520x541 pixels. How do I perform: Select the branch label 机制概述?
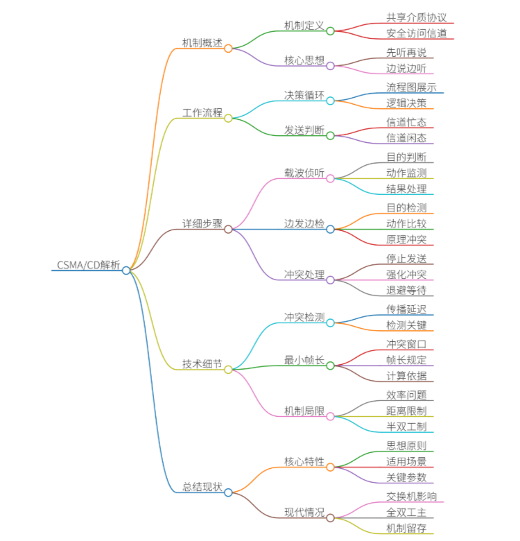202,43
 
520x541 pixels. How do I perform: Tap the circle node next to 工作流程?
228,118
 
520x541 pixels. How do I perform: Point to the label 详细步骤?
202,223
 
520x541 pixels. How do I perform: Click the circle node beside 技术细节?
228,369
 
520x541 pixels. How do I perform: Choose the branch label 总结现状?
202,487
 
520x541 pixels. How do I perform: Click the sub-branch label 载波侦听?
304,173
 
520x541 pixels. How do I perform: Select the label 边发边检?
304,223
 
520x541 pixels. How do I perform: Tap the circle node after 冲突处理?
330,280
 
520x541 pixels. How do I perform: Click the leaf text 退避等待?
406,290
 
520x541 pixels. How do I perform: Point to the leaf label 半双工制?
406,426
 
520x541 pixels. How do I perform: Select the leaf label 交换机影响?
411,497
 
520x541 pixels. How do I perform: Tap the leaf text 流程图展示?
411,87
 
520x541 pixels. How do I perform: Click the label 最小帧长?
304,360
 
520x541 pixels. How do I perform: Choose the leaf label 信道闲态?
406,138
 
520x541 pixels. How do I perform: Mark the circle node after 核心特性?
330,467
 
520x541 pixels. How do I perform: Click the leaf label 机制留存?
406,529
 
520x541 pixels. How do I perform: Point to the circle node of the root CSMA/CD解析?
126,270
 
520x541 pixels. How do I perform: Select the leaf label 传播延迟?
406,308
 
